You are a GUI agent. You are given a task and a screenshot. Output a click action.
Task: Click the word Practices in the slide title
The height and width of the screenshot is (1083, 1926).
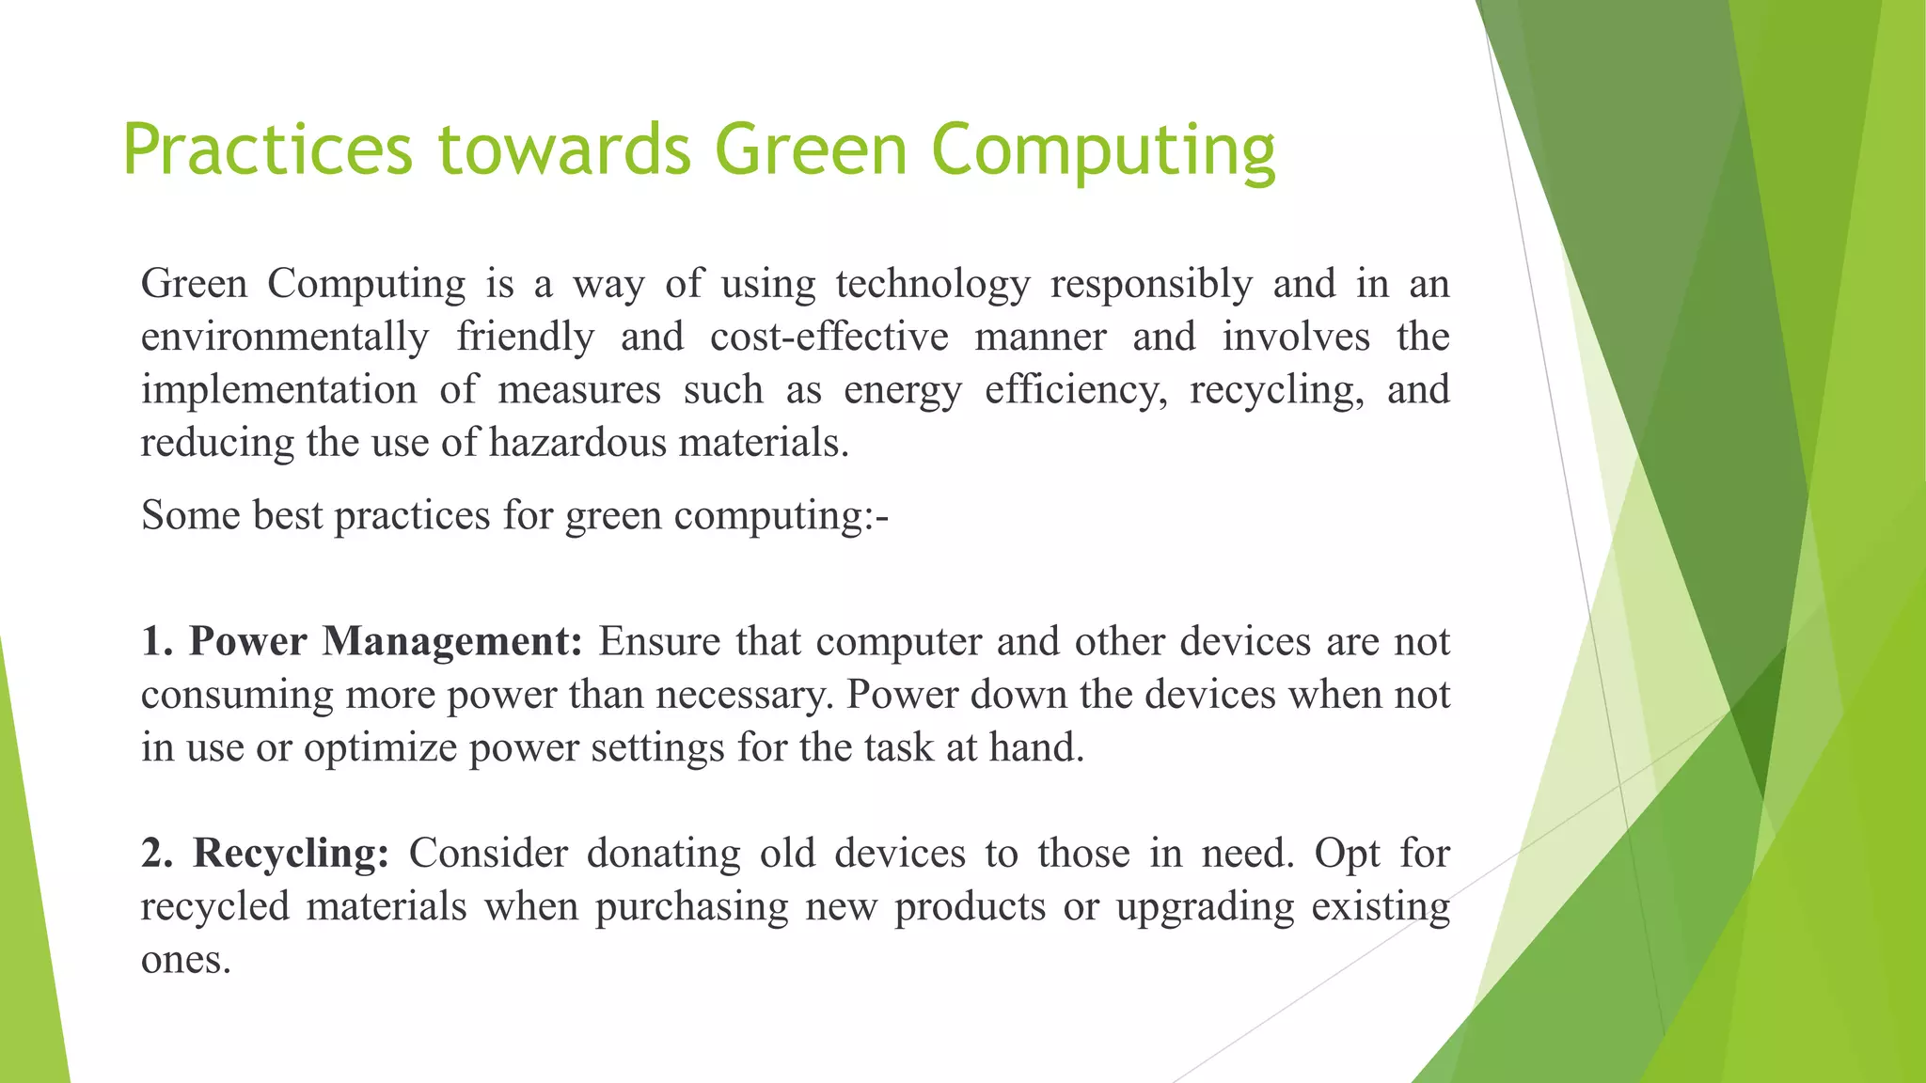tap(267, 149)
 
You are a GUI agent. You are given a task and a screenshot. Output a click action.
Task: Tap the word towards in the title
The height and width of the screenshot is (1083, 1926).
tap(564, 149)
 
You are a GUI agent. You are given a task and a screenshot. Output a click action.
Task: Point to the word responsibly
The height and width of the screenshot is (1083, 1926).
tap(1151, 284)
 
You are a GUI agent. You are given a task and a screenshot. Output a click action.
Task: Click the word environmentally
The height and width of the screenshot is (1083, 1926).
tap(285, 337)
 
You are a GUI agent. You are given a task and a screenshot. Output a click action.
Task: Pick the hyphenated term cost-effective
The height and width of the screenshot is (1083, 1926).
tap(829, 337)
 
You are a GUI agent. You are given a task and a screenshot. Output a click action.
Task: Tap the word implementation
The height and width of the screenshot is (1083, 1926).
tap(278, 389)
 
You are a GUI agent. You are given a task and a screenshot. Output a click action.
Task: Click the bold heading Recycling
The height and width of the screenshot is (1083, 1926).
tap(291, 853)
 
